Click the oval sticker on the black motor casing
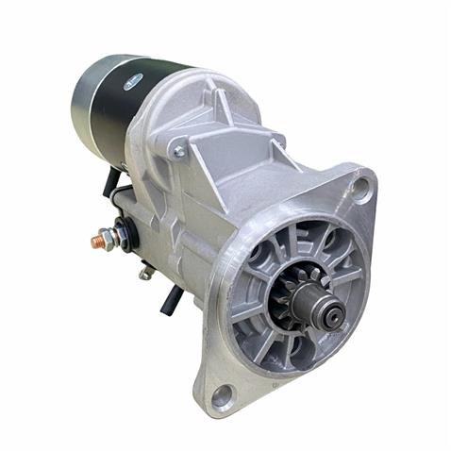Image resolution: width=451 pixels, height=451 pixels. coord(133,82)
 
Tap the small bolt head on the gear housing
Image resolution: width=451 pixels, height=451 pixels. coord(179,150)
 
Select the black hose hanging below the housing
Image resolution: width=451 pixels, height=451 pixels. coord(173,300)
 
